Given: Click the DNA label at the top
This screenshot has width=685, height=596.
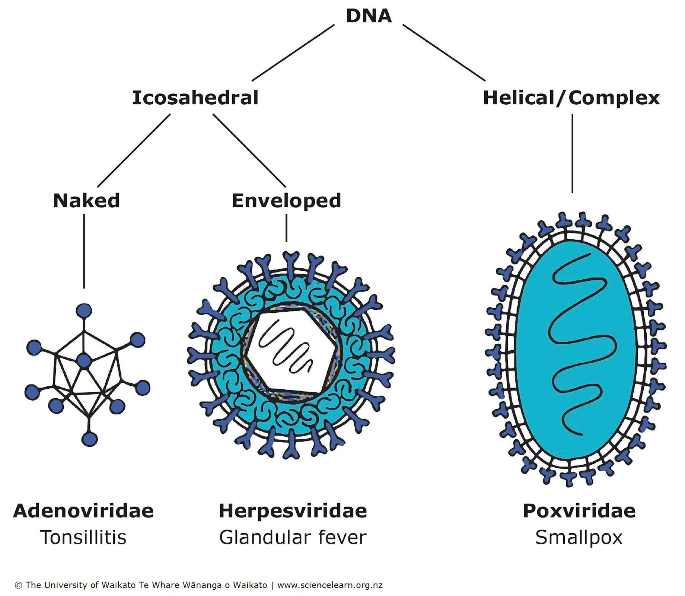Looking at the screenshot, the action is click(x=369, y=16).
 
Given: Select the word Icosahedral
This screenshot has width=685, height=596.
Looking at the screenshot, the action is click(x=195, y=98).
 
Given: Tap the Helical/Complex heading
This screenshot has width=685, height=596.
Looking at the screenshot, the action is click(x=571, y=98).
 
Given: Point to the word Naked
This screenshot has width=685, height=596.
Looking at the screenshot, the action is click(x=86, y=201).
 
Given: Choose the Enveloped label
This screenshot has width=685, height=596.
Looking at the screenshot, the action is click(x=286, y=201).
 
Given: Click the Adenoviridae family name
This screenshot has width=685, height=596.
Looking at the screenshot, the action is click(x=83, y=511).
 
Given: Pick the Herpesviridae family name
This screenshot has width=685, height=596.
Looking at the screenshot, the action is click(x=293, y=511).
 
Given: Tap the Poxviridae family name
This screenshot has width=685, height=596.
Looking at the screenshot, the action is click(x=579, y=511).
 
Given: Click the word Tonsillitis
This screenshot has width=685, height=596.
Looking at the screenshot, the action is click(x=83, y=537).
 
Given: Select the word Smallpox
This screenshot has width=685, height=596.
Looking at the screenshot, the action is click(x=579, y=538).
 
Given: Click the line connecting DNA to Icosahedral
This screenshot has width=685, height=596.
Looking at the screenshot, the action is click(x=293, y=52).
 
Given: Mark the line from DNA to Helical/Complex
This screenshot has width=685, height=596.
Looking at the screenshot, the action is click(x=444, y=52).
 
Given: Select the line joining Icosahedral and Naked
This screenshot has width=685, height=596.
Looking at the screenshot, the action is click(x=134, y=150).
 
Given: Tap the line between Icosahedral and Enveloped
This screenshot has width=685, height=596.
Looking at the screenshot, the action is click(x=249, y=150).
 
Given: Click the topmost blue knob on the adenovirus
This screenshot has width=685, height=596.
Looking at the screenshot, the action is click(x=84, y=311).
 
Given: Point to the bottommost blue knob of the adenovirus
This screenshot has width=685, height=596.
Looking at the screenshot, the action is click(x=89, y=439).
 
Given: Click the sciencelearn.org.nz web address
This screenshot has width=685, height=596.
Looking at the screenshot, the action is click(x=330, y=585).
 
